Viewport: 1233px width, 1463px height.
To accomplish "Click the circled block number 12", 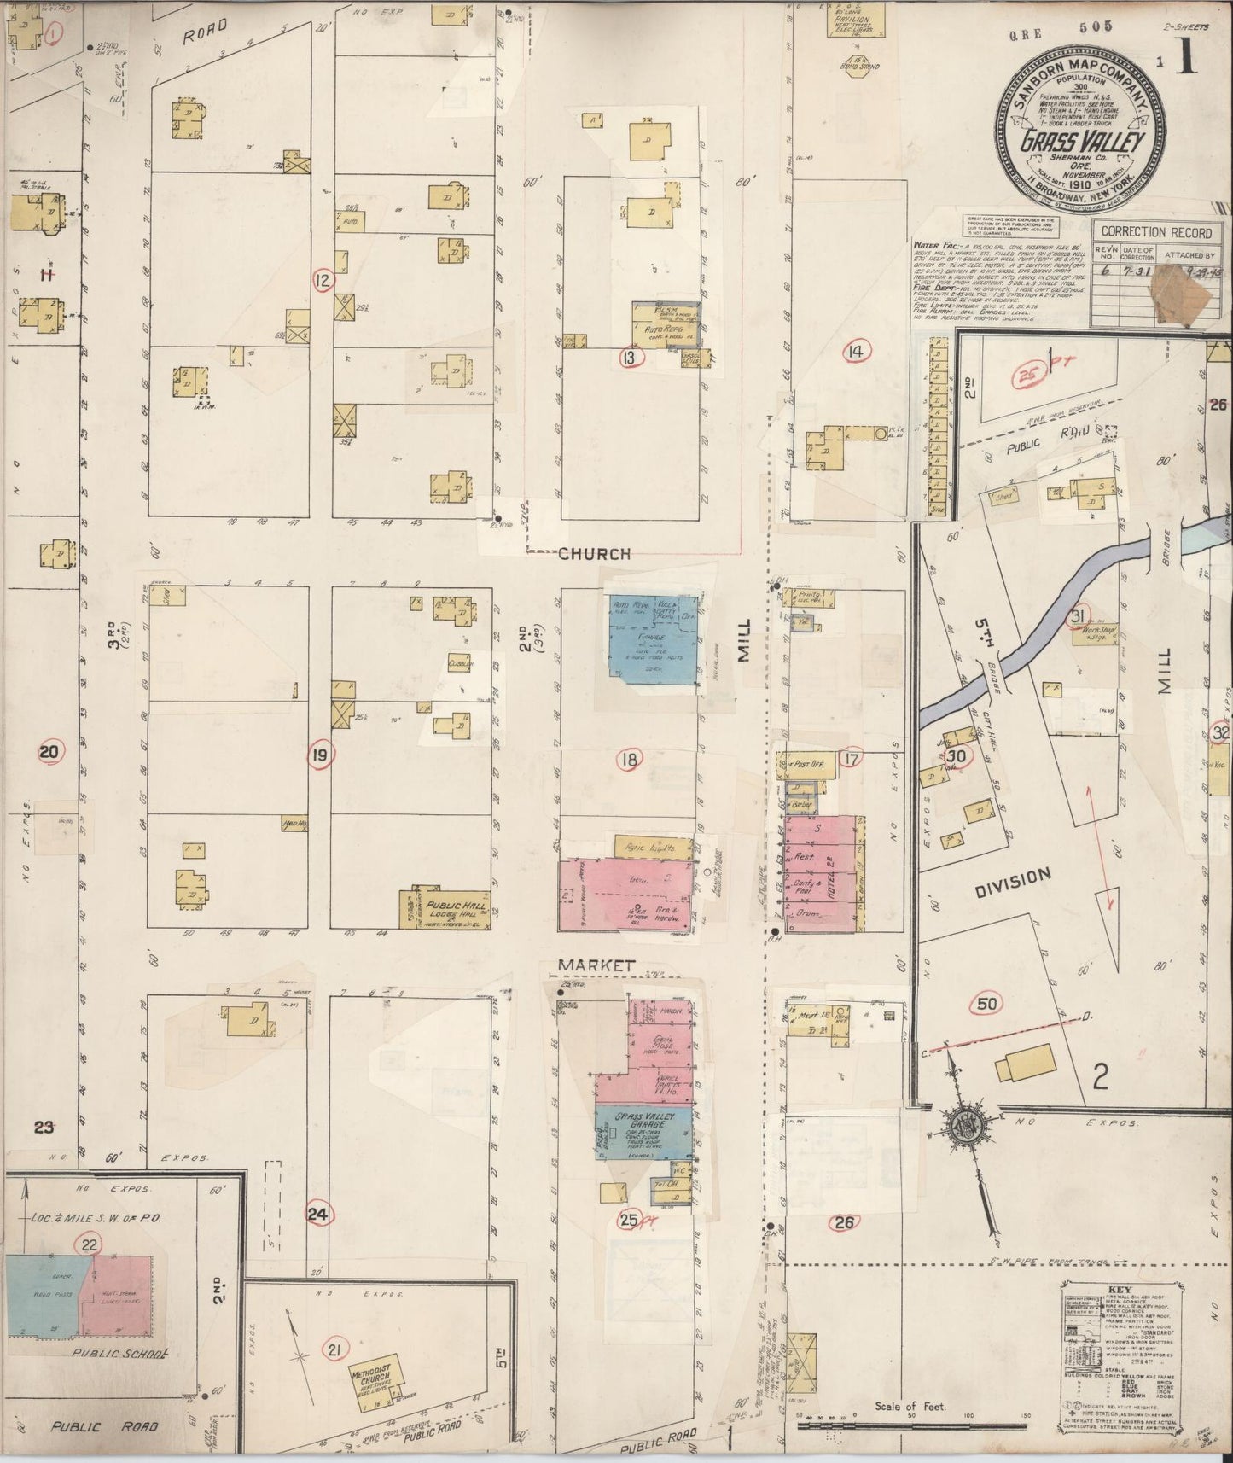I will pos(323,281).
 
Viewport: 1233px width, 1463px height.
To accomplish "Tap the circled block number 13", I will pos(629,358).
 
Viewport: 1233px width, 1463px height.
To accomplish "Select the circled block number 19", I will pos(320,754).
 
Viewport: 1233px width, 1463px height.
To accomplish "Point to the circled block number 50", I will pos(987,1004).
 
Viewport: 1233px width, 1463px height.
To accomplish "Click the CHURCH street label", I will pos(594,555).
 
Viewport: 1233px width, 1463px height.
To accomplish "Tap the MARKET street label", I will pos(596,965).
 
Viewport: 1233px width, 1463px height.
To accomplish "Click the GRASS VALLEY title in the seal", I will pos(1081,142).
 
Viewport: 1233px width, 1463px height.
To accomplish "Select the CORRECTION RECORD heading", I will pos(1155,232).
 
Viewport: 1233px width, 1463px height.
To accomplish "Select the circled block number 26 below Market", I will pos(844,1222).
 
